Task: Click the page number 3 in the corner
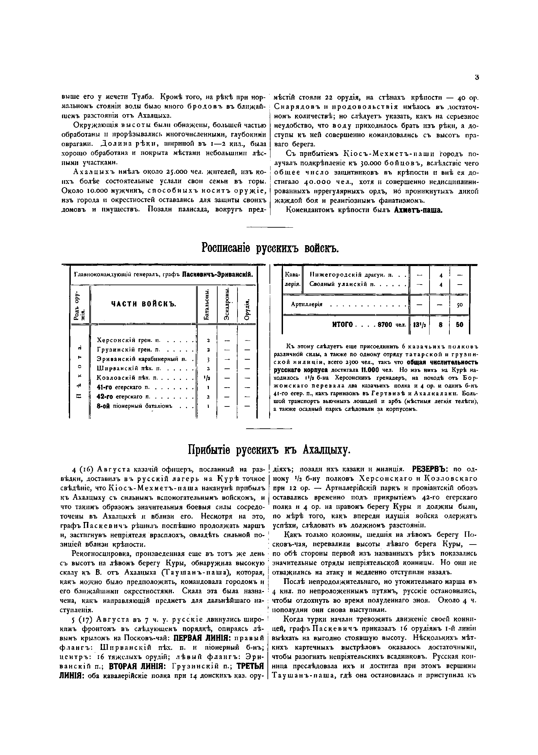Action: (x=477, y=77)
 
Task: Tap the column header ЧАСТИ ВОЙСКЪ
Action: (x=144, y=304)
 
